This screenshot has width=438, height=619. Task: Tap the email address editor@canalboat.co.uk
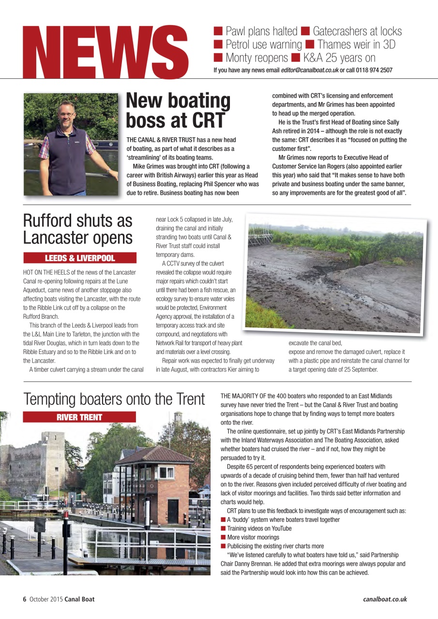click(310, 70)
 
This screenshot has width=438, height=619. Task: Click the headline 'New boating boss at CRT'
click(178, 110)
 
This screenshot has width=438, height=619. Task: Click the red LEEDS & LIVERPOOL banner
click(80, 258)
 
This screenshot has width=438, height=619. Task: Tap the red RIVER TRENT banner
click(79, 417)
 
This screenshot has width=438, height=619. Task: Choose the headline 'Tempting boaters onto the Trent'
click(114, 399)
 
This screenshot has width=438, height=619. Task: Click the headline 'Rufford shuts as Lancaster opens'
click(78, 229)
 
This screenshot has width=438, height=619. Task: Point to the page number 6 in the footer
click(25, 599)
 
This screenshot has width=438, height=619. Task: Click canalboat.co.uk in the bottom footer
click(385, 599)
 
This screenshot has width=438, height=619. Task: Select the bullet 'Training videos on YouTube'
click(259, 529)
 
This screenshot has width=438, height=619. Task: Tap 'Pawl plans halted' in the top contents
click(261, 31)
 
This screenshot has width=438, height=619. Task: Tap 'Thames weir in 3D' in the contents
click(356, 45)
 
